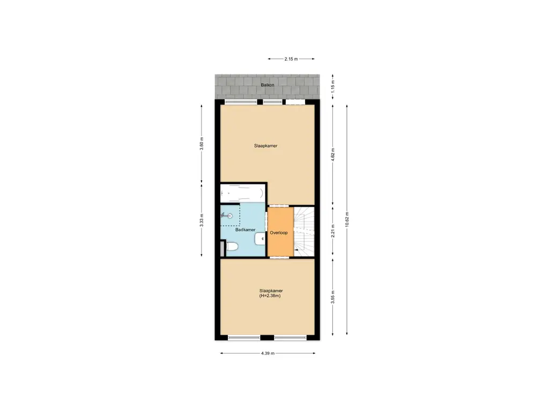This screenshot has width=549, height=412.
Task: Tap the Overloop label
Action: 279,233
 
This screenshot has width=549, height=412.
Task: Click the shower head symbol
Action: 228,216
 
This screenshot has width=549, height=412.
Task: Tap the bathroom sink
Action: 261,238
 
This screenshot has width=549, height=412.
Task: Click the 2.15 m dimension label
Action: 291,59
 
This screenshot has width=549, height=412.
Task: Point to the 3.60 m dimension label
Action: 202,145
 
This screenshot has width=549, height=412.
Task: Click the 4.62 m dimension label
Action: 333,154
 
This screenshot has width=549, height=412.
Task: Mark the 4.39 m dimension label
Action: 268,354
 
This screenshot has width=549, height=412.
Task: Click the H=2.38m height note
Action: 270,296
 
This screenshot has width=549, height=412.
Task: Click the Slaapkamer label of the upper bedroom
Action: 265,145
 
